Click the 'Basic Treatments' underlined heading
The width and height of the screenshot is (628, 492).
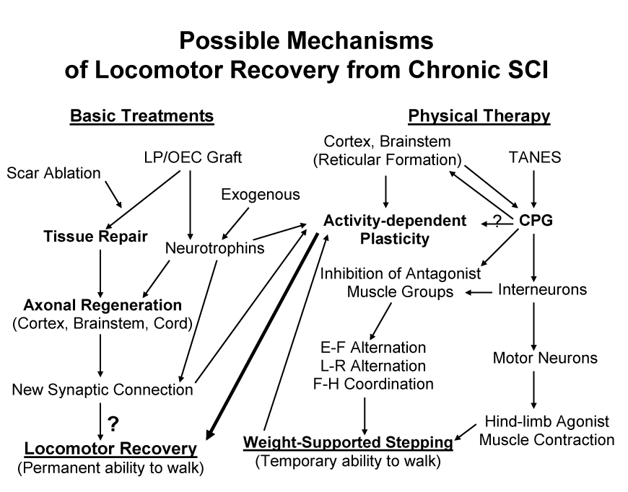(141, 116)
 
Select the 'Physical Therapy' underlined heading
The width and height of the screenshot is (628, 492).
(479, 116)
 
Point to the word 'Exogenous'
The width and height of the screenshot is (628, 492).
(261, 194)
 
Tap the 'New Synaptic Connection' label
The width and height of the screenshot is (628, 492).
(103, 390)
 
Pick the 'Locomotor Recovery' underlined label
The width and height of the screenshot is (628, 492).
(110, 449)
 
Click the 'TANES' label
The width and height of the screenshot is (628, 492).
(535, 157)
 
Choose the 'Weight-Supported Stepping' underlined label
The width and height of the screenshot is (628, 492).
(348, 441)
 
